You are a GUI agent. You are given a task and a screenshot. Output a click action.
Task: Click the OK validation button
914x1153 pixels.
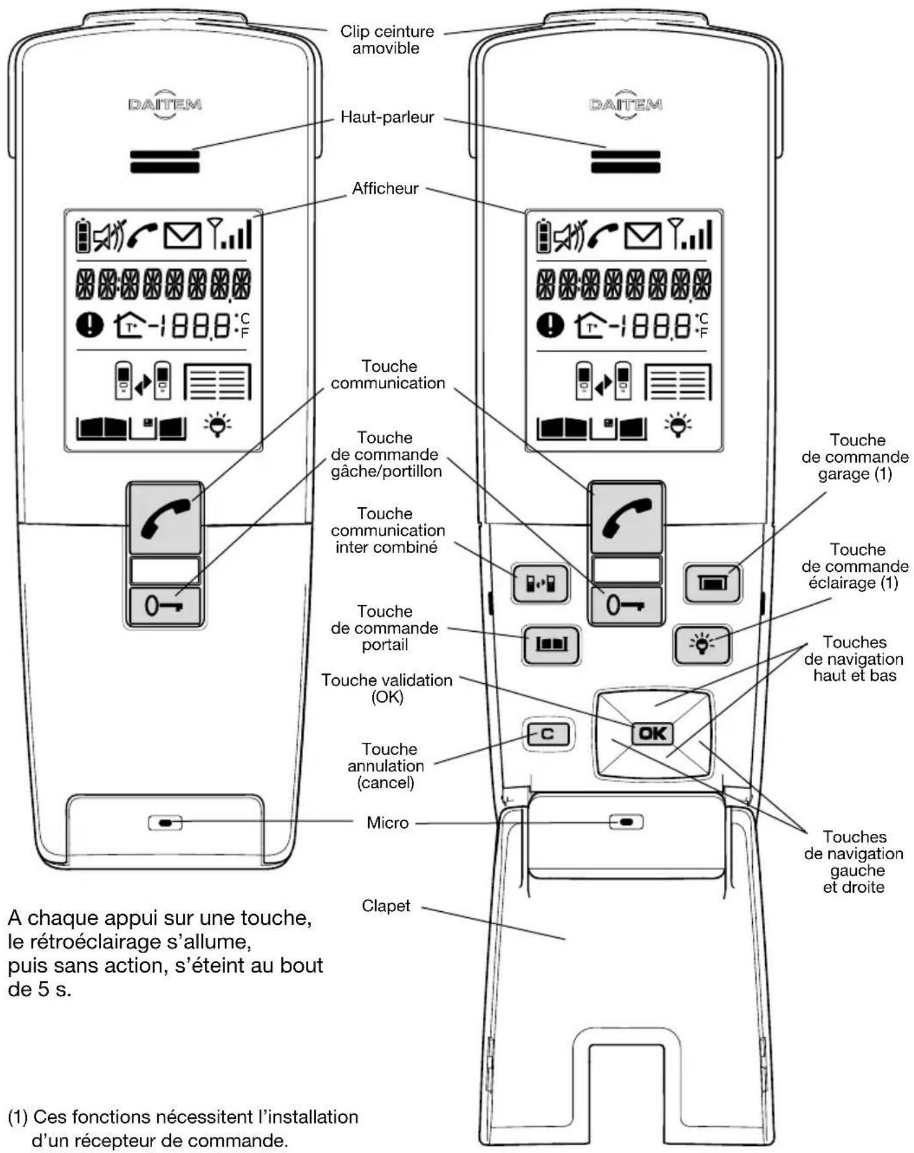[652, 733]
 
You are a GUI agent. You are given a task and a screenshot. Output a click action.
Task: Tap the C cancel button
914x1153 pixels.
[547, 734]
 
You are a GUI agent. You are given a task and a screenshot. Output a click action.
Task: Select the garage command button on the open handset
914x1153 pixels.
[712, 582]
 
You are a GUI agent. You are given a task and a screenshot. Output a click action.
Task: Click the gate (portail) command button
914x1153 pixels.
[551, 644]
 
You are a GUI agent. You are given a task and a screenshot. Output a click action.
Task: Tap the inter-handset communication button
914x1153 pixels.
[540, 583]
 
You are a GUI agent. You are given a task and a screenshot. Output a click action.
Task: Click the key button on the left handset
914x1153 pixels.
[164, 606]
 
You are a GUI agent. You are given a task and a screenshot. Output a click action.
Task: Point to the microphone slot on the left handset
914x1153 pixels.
[165, 823]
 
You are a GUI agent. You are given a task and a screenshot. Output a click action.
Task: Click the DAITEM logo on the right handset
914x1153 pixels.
[625, 105]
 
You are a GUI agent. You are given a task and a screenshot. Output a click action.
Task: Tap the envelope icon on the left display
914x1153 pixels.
[182, 235]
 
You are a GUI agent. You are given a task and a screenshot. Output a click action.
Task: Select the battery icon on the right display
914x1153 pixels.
[543, 235]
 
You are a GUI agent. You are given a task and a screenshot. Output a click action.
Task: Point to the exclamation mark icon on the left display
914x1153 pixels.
[90, 324]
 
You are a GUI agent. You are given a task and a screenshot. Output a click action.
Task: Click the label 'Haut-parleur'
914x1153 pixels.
[387, 118]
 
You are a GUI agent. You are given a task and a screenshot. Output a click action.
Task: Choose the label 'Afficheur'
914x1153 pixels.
[385, 188]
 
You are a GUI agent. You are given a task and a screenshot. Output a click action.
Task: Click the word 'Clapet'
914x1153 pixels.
[385, 905]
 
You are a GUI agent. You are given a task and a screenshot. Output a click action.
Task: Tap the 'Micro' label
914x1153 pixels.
[387, 823]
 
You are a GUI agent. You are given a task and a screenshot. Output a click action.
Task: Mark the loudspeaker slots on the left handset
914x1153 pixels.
[164, 161]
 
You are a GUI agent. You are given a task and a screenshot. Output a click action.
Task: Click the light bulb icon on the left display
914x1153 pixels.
[217, 426]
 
